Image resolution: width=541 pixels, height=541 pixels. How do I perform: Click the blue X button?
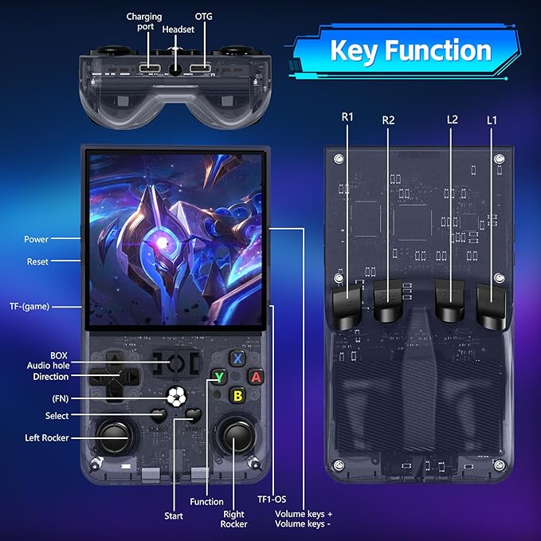coord(237,359)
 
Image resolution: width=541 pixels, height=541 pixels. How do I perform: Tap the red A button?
coord(256,377)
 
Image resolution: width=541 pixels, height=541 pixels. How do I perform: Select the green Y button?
coord(219,377)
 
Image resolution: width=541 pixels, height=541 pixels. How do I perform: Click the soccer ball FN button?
coord(177,397)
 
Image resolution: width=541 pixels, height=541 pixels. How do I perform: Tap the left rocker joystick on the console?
coord(114,437)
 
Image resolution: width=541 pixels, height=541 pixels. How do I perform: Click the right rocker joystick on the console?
coord(236,436)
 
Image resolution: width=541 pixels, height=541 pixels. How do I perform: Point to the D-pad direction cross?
coord(114,376)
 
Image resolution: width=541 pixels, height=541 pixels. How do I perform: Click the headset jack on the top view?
coord(175,70)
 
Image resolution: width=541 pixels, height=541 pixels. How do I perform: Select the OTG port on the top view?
coord(201,68)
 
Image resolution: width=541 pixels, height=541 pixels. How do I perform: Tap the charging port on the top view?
coord(150,68)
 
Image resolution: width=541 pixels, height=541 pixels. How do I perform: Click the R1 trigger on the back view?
coord(347,306)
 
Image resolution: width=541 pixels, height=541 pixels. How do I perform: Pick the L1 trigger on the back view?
coord(492,305)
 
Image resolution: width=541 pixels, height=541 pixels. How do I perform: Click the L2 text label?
coord(452,120)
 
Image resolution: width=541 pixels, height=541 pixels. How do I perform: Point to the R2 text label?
coord(388,120)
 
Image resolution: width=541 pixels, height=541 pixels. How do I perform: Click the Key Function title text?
coord(410,50)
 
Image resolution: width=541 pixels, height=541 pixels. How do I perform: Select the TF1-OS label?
coord(272,500)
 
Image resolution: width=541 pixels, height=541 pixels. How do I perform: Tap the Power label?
coord(36,239)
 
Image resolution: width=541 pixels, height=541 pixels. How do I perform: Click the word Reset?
coord(37,261)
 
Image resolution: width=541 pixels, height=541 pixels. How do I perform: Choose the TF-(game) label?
coord(29,307)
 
